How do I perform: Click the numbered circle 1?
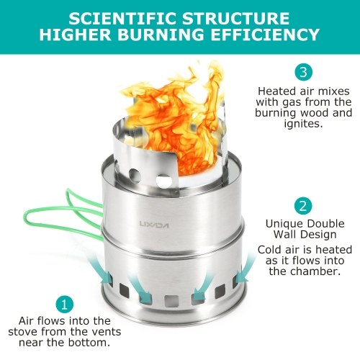pos(64,305)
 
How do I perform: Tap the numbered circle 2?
pos(303,206)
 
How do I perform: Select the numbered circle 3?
pos(304,72)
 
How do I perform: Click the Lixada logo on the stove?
pos(154,225)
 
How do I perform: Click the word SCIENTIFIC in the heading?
pos(123,19)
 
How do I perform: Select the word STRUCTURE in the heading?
pos(236,19)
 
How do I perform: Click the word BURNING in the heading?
pos(161,35)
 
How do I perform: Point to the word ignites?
pos(303,124)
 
